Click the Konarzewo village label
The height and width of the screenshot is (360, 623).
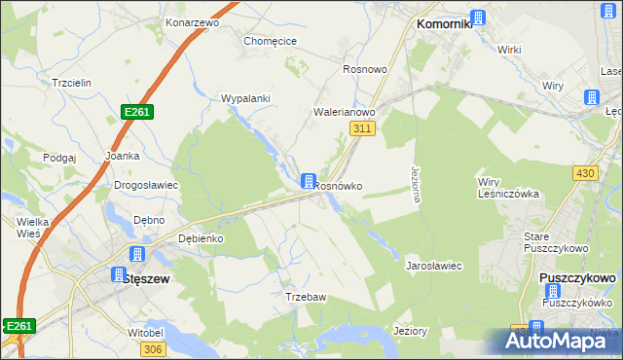[x=192, y=21]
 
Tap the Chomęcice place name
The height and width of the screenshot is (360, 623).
[x=270, y=41]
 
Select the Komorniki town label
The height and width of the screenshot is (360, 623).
[x=444, y=24]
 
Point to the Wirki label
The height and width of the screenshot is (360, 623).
[x=510, y=49]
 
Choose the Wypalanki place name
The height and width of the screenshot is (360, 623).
[x=245, y=98]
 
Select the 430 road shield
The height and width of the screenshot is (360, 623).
[x=585, y=172]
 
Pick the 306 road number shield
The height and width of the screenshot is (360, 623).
[x=151, y=349]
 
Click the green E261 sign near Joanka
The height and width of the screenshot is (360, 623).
[x=137, y=113]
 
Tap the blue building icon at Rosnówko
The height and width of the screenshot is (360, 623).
[x=309, y=181]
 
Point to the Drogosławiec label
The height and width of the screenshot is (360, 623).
[x=146, y=185]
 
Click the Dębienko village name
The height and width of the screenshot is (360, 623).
[x=202, y=238]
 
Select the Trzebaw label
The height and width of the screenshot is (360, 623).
[x=304, y=296]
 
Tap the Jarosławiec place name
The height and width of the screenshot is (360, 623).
[x=433, y=266]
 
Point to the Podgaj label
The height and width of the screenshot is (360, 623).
[x=59, y=157]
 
